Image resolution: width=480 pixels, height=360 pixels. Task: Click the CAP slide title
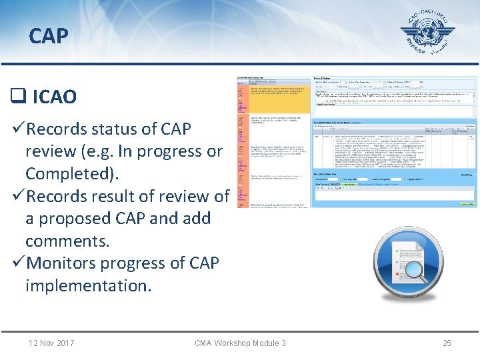[x=48, y=35]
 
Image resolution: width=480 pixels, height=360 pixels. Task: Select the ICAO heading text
[x=54, y=97]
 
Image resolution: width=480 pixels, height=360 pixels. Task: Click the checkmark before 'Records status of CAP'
[x=19, y=129]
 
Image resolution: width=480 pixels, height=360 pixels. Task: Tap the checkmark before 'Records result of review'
[x=19, y=197]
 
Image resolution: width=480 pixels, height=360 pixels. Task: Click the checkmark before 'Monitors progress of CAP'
[x=19, y=263]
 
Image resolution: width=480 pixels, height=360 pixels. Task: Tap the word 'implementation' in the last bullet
[x=88, y=285]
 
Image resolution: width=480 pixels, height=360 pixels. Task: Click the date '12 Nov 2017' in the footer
[x=51, y=343]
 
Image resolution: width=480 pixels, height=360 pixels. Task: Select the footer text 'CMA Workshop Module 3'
[x=240, y=343]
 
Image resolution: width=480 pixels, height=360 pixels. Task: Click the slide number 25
[x=447, y=343]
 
